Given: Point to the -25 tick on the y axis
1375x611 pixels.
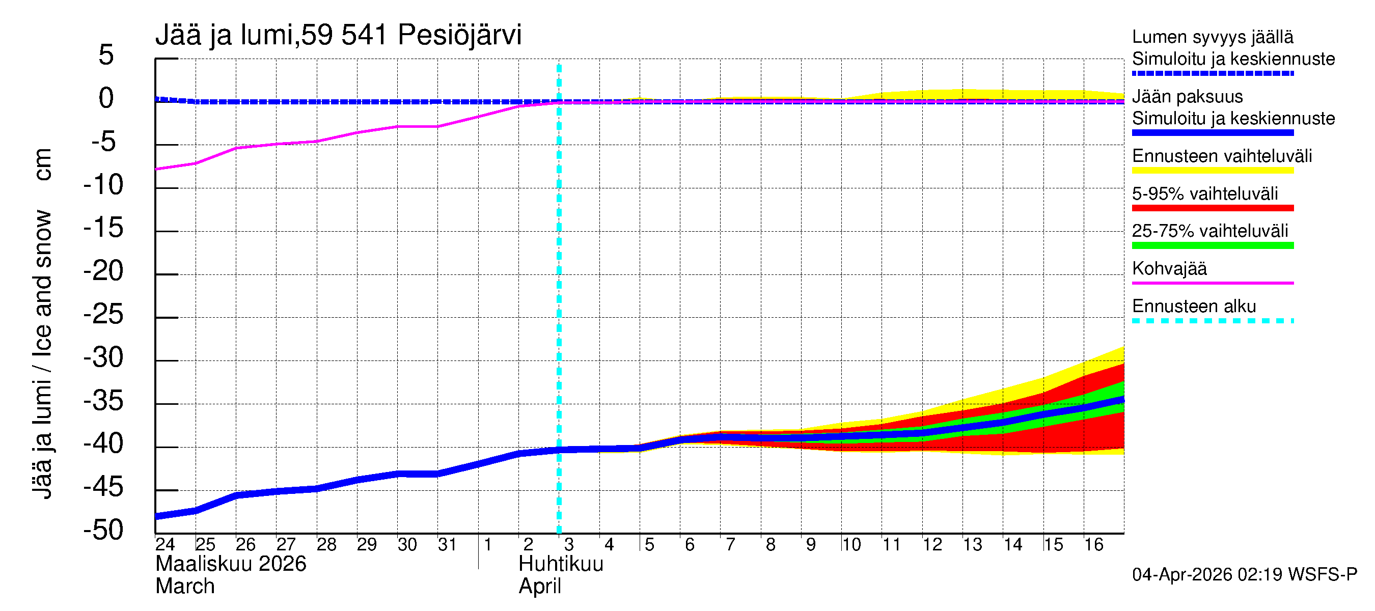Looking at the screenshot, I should (x=103, y=315).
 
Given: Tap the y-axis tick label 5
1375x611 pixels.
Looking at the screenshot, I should (x=106, y=55).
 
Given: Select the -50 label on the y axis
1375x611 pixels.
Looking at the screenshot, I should (x=103, y=531).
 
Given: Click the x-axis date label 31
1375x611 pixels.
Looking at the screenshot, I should (x=447, y=545).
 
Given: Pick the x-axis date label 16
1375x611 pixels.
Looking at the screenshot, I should (x=1093, y=545).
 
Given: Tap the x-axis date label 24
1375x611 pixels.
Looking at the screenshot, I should (x=165, y=545).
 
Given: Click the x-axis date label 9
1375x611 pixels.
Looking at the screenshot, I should (x=810, y=545).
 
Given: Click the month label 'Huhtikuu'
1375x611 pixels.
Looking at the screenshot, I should (x=561, y=564).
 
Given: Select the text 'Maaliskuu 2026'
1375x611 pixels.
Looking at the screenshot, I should (x=231, y=564).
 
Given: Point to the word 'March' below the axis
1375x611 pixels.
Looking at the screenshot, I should (x=185, y=587).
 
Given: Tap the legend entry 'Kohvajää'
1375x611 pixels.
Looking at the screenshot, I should (x=1169, y=268).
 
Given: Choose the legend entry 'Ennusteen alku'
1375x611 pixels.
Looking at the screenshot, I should (x=1194, y=307).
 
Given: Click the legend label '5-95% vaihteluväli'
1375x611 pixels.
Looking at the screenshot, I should (x=1204, y=193).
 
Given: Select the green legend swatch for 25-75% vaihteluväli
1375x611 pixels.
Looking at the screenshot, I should (x=1212, y=245).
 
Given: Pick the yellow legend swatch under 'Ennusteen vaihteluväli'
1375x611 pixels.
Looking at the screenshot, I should (x=1212, y=171).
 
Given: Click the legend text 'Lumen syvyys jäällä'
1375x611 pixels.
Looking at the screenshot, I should (x=1212, y=37).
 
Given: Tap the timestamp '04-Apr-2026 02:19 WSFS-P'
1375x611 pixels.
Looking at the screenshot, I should (x=1244, y=575).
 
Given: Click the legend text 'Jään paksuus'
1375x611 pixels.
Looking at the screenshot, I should (x=1187, y=97).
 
